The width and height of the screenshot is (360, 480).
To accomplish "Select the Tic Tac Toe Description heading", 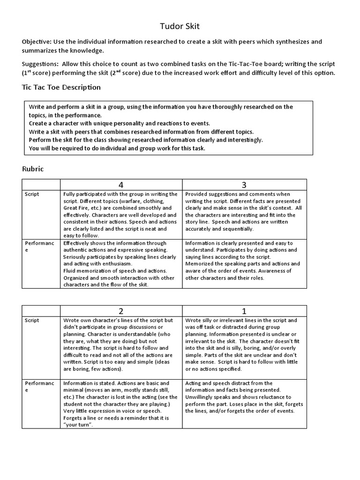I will (x=61, y=87).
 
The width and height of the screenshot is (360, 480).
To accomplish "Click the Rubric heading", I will (x=33, y=169).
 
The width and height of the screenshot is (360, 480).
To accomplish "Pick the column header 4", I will (x=121, y=185).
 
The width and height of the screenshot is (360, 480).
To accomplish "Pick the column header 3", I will (x=244, y=185).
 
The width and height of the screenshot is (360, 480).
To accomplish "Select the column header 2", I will (x=121, y=311).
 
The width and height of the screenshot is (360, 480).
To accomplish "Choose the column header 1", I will (x=244, y=311).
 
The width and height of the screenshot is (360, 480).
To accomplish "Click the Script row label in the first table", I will (x=31, y=194).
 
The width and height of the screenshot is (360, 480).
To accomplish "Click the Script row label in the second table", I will (x=31, y=321).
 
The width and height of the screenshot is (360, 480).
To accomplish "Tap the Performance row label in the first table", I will (x=39, y=246).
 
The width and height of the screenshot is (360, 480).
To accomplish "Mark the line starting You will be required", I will (x=117, y=148).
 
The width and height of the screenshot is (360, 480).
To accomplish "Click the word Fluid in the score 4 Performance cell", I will (x=70, y=271).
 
